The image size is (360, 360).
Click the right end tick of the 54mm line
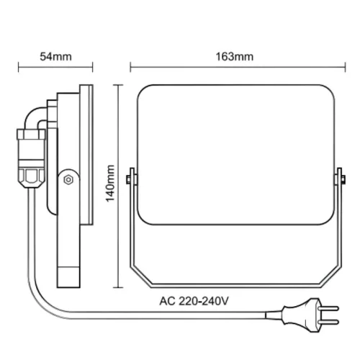(94, 69)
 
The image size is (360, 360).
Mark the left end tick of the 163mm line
(130, 69)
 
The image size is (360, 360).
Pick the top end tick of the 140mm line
(120, 84)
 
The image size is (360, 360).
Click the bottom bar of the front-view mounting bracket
(235, 283)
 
